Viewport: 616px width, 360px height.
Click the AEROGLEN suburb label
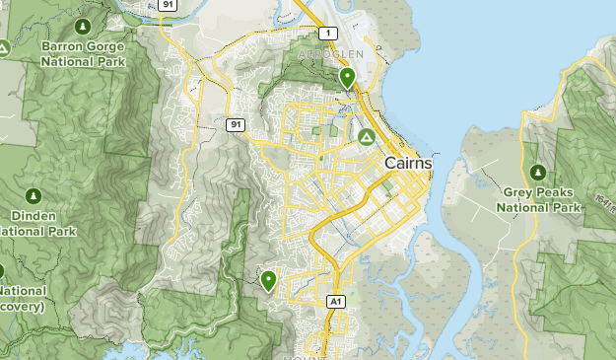[x=339, y=53]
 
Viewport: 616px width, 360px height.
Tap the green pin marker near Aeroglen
[x=346, y=77]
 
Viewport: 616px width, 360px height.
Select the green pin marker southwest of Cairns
[x=267, y=281]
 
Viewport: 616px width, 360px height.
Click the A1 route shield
[x=335, y=301]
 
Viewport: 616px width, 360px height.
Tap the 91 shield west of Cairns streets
[x=234, y=124]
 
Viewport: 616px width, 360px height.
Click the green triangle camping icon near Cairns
[x=366, y=136]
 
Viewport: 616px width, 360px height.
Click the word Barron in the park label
[x=61, y=46]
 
